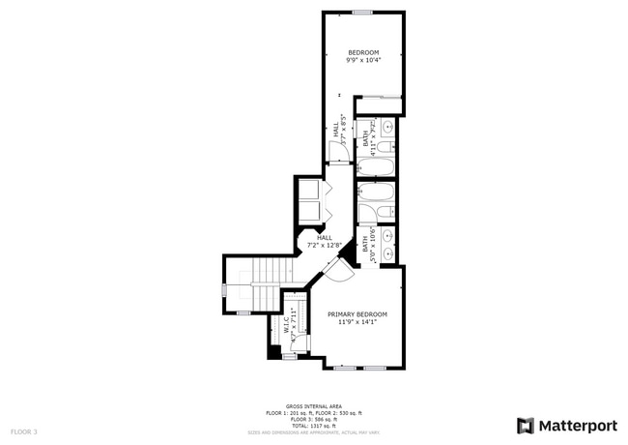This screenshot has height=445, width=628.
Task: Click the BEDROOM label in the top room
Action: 363,52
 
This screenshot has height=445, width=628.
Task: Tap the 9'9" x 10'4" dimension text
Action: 363,61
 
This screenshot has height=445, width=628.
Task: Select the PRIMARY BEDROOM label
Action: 357,314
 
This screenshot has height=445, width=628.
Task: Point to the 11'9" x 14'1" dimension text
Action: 357,323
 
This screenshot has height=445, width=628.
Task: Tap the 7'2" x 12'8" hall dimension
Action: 325,245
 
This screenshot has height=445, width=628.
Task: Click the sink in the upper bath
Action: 388,126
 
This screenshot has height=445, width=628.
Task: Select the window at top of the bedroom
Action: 362,13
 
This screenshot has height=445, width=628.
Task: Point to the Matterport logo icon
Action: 526,425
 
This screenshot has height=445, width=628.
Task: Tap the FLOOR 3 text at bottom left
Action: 24,430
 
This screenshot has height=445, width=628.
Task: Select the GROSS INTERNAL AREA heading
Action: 314,406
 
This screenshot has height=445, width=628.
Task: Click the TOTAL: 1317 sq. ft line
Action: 314,425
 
